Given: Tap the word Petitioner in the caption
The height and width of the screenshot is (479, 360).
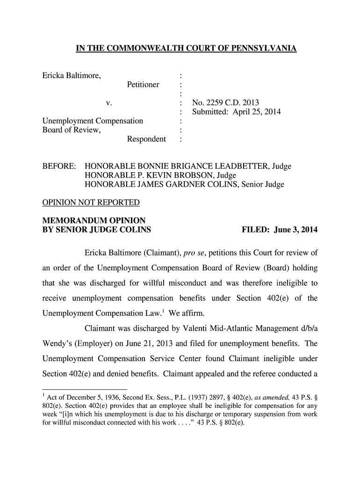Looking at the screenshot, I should pyautogui.click(x=143, y=85).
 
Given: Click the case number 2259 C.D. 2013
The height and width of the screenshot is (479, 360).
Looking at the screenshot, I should pyautogui.click(x=225, y=103).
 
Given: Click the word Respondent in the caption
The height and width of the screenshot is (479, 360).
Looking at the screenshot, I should pyautogui.click(x=146, y=139).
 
